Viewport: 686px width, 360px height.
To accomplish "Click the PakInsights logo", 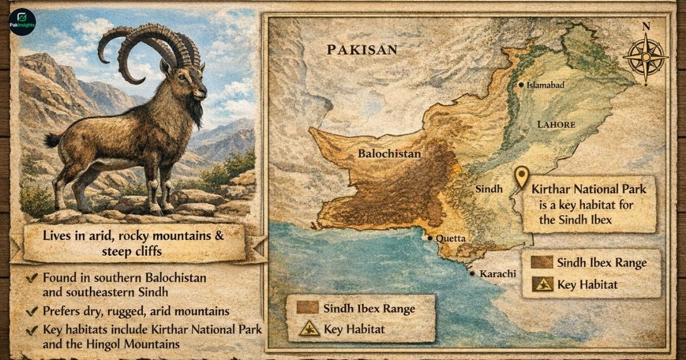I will tap(22, 22).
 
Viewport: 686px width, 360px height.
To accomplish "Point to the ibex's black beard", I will tap(196, 112).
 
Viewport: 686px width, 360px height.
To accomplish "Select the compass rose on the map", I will tap(645, 57).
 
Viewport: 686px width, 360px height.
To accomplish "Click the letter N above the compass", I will tap(646, 26).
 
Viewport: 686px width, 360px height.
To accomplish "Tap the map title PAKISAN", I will tap(362, 50).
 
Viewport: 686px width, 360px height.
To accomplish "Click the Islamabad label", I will tap(545, 85).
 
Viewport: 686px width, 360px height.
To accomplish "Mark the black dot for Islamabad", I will tap(521, 85).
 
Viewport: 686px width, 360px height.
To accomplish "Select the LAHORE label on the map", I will tap(556, 124).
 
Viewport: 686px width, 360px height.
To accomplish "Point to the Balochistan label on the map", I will tap(389, 153).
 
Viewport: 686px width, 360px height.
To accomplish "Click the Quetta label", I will tap(452, 239).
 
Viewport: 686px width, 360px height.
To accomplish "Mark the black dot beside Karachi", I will tap(472, 274).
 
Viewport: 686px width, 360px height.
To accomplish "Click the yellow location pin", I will tap(521, 177).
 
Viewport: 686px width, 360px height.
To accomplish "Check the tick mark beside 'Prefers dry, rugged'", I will tap(32, 311).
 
